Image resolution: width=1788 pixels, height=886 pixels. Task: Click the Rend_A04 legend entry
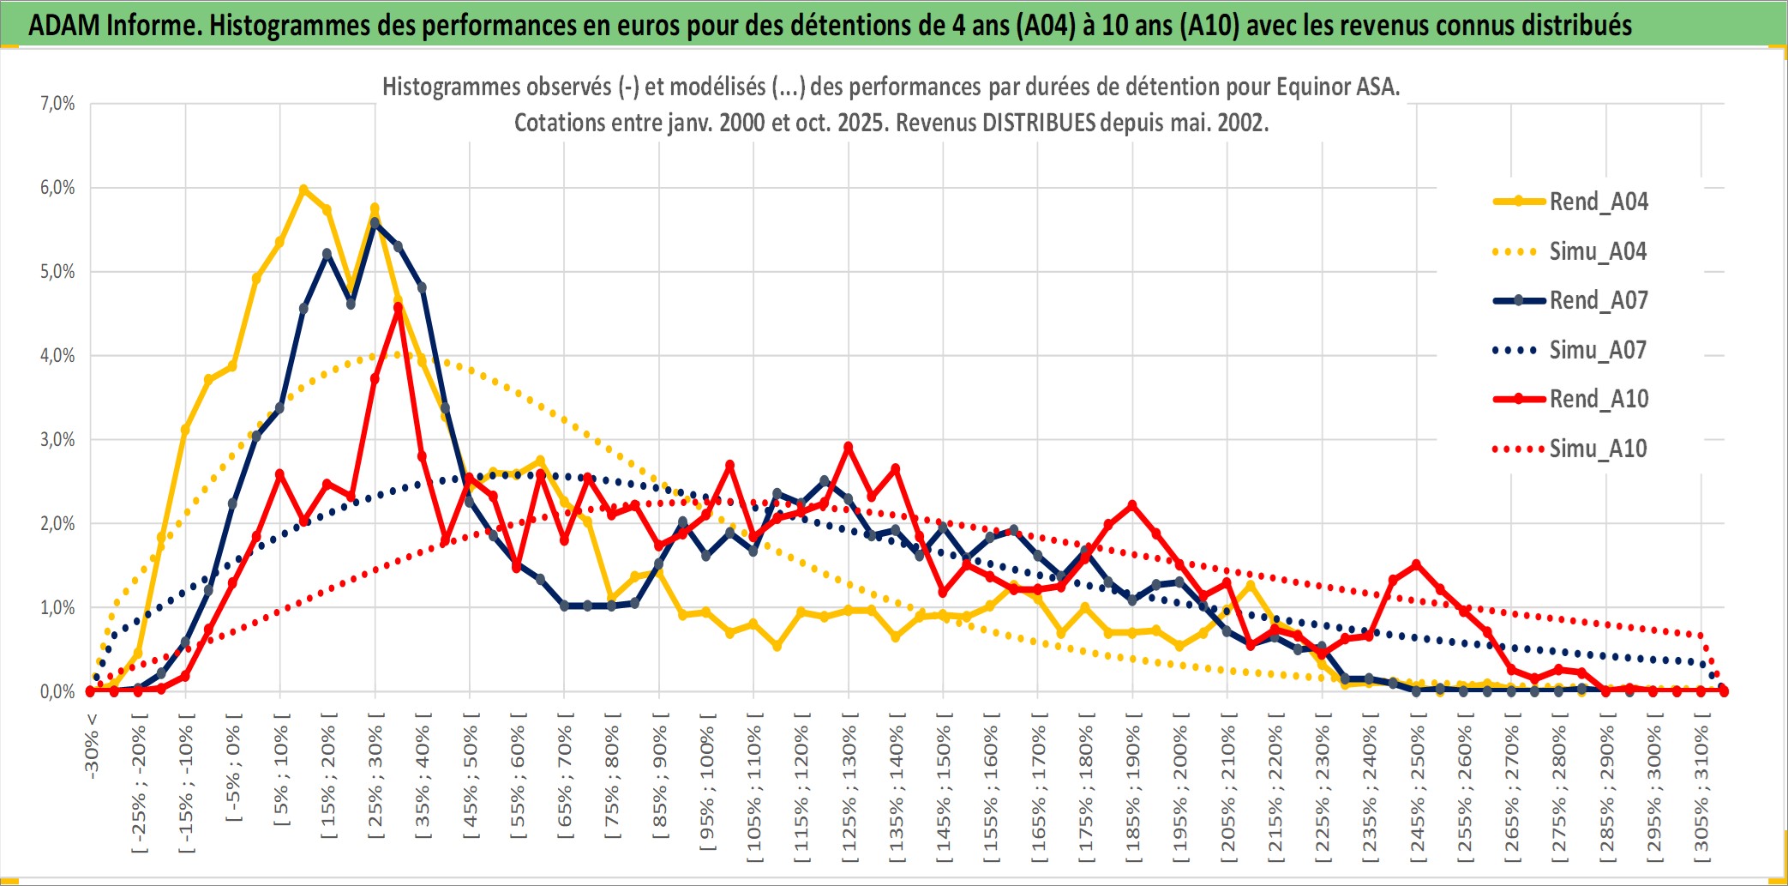(x=1598, y=202)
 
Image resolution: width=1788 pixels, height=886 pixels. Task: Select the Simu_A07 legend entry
(x=1598, y=350)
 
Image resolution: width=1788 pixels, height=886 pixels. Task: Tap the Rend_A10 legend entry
(x=1598, y=399)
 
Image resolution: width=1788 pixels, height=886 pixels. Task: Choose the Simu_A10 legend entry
(x=1598, y=449)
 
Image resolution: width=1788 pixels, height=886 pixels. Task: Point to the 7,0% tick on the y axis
(x=57, y=104)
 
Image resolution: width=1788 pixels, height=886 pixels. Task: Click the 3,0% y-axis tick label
(x=57, y=440)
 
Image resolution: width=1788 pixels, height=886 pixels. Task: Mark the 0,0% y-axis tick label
(x=57, y=691)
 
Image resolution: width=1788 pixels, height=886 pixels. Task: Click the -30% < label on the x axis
(x=92, y=745)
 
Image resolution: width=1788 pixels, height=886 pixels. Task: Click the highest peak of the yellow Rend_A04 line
(x=303, y=189)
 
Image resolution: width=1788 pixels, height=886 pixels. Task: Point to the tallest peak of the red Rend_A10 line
(x=399, y=306)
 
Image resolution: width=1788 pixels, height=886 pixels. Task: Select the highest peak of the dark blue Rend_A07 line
(x=375, y=222)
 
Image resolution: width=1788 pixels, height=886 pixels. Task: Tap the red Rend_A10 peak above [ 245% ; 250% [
(x=1416, y=564)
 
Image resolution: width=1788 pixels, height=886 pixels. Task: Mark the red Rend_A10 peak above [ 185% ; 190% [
(x=1132, y=505)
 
